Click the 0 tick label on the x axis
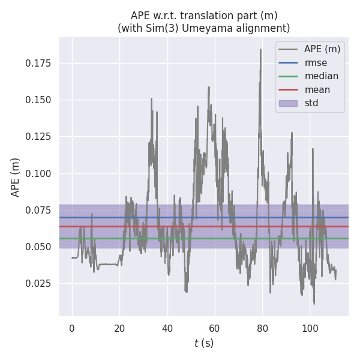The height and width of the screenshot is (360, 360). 72,328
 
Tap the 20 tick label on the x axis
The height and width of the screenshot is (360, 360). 119,328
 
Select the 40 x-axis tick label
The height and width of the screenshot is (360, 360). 167,328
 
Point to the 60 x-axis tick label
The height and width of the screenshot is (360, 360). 215,328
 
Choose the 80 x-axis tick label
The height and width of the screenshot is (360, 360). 262,328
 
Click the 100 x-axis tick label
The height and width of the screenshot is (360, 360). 310,328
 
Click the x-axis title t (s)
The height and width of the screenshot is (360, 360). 203,343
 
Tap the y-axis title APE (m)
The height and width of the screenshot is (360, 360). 16,177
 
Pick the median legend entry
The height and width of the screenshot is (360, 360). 321,76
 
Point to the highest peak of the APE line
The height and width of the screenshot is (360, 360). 260,50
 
